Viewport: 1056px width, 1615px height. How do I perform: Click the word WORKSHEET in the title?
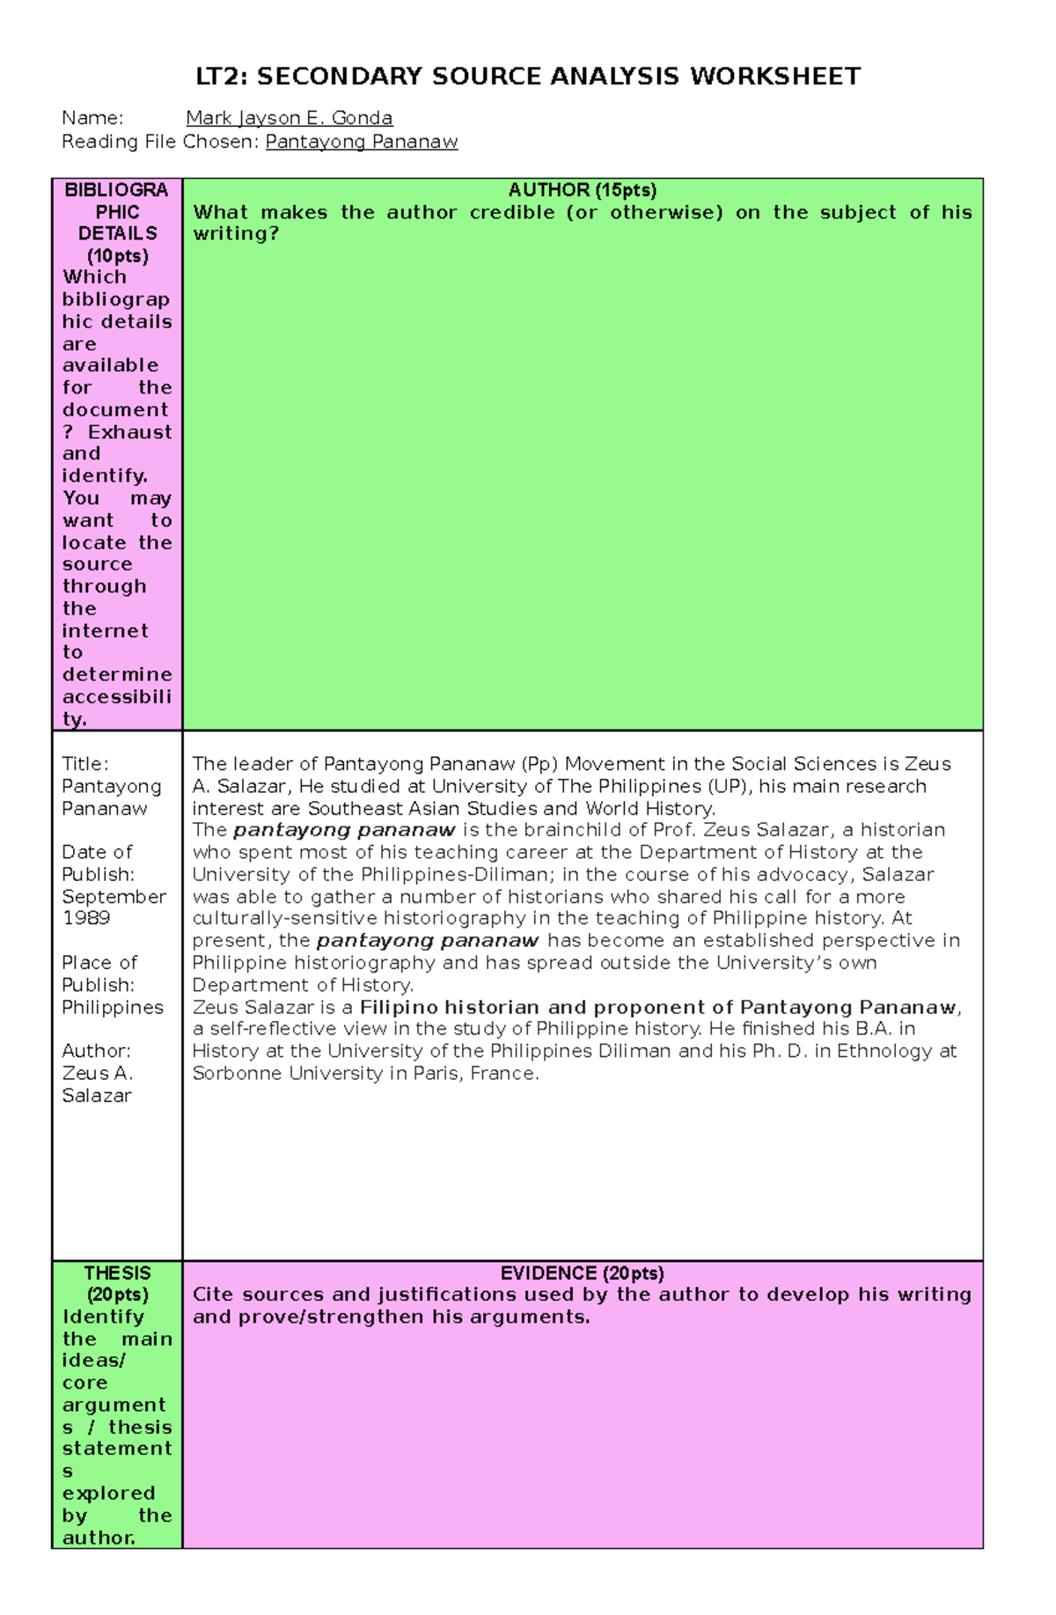[774, 77]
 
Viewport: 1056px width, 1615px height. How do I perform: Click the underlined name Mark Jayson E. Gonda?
[289, 118]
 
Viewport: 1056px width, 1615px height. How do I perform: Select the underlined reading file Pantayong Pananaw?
[361, 142]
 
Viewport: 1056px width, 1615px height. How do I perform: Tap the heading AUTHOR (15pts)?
[582, 190]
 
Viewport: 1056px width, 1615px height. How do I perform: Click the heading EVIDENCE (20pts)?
[582, 1274]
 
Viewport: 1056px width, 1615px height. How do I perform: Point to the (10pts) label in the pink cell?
[117, 256]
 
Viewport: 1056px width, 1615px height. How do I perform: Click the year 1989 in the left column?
[85, 918]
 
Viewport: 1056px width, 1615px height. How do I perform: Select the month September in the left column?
[114, 897]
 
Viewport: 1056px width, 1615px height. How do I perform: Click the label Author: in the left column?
[96, 1051]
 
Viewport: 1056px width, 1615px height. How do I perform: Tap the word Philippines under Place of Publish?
[113, 1008]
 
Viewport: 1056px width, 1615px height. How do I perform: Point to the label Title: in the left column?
[84, 764]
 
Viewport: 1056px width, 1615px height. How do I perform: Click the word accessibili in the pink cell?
[116, 697]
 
